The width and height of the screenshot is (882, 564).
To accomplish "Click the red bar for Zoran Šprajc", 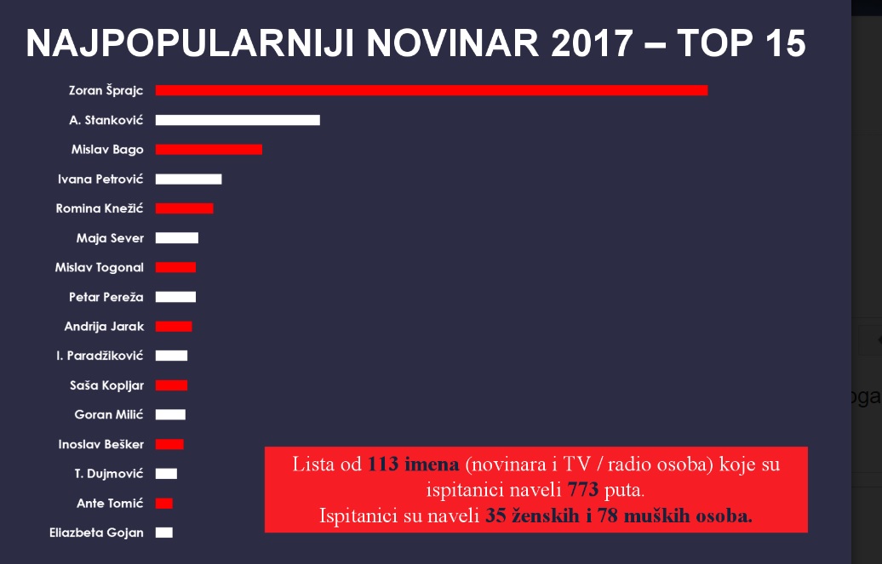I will tap(431, 90).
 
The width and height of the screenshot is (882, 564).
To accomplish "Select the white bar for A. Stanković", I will tap(238, 120).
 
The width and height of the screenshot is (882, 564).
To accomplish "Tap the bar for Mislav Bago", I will tap(209, 150).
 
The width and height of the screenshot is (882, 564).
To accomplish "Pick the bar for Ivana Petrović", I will tap(188, 179).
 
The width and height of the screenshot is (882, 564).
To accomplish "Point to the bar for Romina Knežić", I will tap(184, 208).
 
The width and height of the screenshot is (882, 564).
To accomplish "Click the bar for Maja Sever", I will tap(176, 238).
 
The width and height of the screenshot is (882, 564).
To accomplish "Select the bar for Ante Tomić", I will tap(163, 504).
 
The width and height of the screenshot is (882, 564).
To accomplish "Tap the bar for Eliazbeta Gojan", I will tap(163, 533).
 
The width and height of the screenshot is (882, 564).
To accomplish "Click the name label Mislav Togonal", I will tap(100, 267).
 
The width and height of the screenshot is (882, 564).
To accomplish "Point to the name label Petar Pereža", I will tap(106, 297).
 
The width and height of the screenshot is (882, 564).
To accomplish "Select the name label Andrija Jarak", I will tap(104, 327).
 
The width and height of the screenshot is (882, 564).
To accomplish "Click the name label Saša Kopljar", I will tap(106, 385).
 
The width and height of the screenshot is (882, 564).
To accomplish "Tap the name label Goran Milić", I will tap(109, 414).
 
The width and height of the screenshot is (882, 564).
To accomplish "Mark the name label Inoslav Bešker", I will tap(100, 444).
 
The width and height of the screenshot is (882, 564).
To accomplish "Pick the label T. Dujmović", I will tap(110, 474).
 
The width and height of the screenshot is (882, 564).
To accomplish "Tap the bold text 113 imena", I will tap(414, 464).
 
